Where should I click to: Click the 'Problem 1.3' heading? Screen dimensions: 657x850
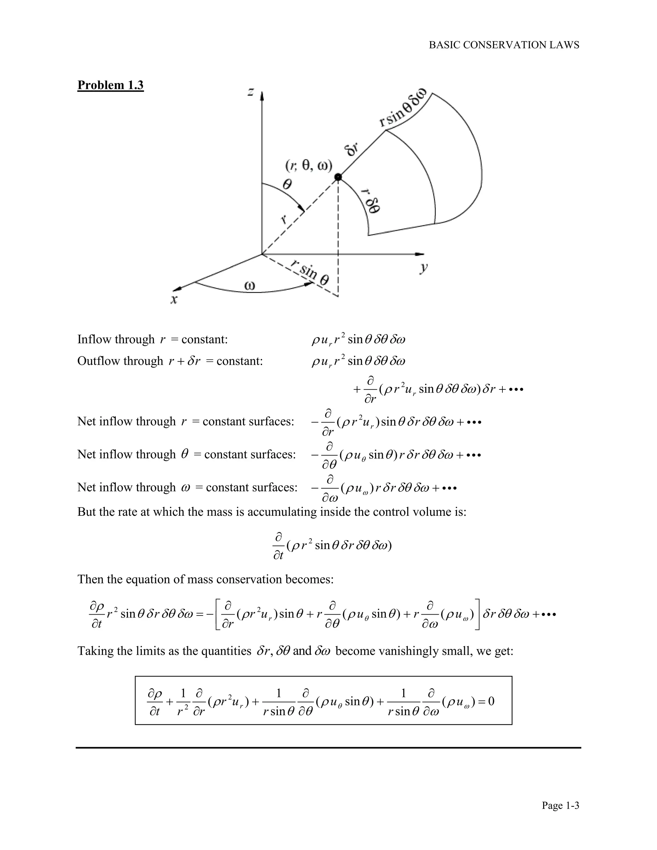[111, 85]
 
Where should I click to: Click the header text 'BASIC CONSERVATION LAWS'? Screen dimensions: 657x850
[504, 45]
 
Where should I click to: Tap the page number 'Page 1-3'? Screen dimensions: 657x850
[560, 805]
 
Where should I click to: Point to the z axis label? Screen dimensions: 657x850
[252, 92]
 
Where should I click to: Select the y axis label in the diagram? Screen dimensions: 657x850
[424, 268]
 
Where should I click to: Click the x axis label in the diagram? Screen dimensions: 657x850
[174, 299]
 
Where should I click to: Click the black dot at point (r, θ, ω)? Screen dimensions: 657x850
[338, 177]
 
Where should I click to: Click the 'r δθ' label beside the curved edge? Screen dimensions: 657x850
[371, 200]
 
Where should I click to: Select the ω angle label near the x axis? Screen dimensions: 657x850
[250, 286]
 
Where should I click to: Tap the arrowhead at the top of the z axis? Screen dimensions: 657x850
[262, 95]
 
